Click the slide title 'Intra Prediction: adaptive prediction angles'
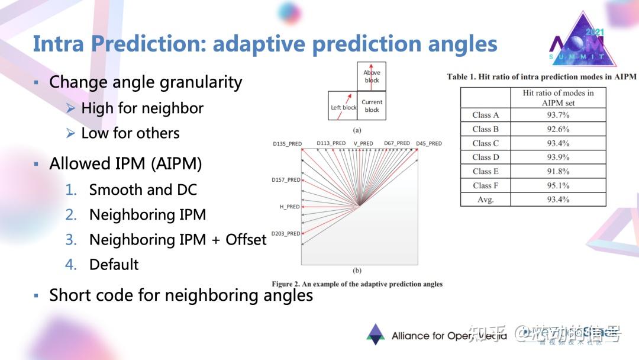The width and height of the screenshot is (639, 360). pyautogui.click(x=264, y=44)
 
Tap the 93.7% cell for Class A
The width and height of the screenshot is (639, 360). pyautogui.click(x=558, y=115)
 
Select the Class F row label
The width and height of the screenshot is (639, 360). pyautogui.click(x=485, y=185)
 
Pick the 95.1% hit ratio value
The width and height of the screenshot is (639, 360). pyautogui.click(x=558, y=185)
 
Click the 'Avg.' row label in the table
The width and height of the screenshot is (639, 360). pyautogui.click(x=485, y=200)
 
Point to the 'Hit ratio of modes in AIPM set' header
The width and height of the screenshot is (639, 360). pyautogui.click(x=558, y=98)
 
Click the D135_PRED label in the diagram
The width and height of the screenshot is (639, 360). pyautogui.click(x=287, y=143)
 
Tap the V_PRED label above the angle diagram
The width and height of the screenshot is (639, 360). pyautogui.click(x=363, y=143)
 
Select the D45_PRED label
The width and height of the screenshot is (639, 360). pyautogui.click(x=428, y=143)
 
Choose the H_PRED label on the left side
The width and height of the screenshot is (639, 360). pyautogui.click(x=289, y=207)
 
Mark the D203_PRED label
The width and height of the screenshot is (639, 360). pyautogui.click(x=286, y=234)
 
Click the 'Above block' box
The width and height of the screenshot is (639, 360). pyautogui.click(x=372, y=76)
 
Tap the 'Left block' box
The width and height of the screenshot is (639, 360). pyautogui.click(x=343, y=106)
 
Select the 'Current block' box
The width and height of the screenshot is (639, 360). pyautogui.click(x=372, y=106)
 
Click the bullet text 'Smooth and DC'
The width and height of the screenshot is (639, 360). pyautogui.click(x=143, y=190)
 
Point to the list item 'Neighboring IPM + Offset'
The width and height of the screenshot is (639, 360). pyautogui.click(x=177, y=240)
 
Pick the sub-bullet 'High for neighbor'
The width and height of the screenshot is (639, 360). pyautogui.click(x=142, y=108)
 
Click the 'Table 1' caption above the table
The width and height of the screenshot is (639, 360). pyautogui.click(x=541, y=77)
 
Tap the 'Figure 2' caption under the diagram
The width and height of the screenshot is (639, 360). pyautogui.click(x=357, y=284)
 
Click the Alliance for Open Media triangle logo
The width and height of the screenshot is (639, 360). pyautogui.click(x=375, y=335)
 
